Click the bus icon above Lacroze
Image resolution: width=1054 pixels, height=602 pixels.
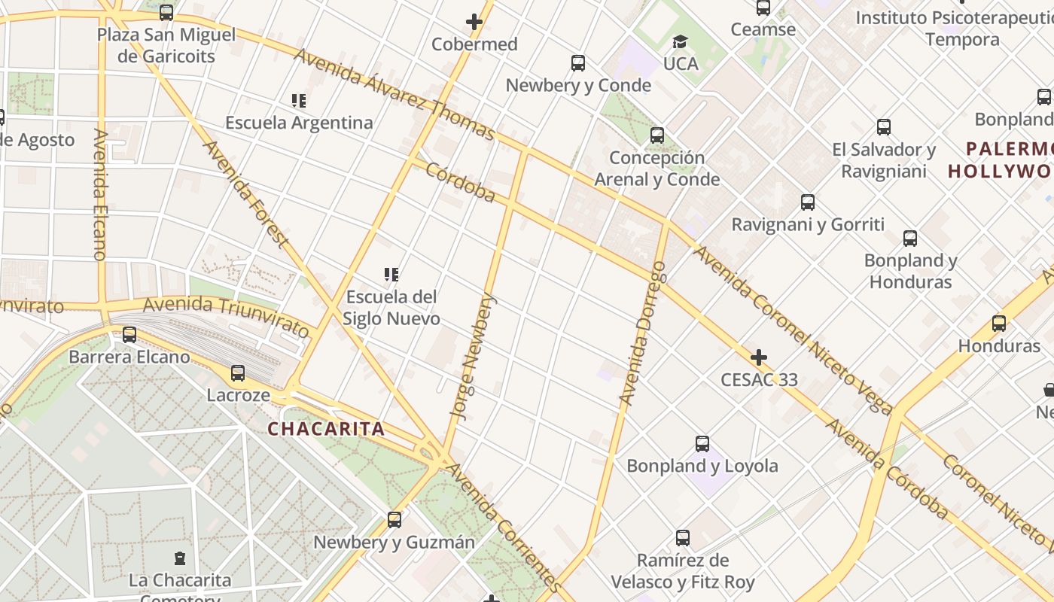pyautogui.click(x=238, y=372)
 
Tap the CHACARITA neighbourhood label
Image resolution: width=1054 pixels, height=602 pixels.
pyautogui.click(x=327, y=430)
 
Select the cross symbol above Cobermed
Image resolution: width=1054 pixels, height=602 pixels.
pyautogui.click(x=474, y=22)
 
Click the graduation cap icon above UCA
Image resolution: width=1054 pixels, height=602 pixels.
pyautogui.click(x=681, y=41)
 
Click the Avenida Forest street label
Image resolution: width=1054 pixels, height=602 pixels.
pyautogui.click(x=246, y=193)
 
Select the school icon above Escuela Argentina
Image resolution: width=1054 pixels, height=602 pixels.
pyautogui.click(x=299, y=100)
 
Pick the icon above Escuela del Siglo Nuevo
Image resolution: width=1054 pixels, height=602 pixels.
pyautogui.click(x=391, y=275)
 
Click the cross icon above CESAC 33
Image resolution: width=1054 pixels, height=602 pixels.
pyautogui.click(x=759, y=357)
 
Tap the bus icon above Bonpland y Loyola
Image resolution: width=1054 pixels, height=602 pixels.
pyautogui.click(x=702, y=444)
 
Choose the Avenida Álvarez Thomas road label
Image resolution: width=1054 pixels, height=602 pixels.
pyautogui.click(x=394, y=94)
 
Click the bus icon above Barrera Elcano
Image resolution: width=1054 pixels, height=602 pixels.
pyautogui.click(x=129, y=334)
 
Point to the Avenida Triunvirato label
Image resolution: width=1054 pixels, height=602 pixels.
pyautogui.click(x=226, y=316)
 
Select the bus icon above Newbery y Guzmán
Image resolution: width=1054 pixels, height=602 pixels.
pyautogui.click(x=394, y=520)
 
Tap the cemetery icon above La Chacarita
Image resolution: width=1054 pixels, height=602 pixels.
pyautogui.click(x=180, y=558)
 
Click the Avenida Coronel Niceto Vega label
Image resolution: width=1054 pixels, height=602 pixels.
pyautogui.click(x=792, y=330)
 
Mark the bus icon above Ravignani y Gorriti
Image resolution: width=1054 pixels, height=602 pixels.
pyautogui.click(x=808, y=202)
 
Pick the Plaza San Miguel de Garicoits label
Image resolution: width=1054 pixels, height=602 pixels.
pyautogui.click(x=166, y=45)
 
